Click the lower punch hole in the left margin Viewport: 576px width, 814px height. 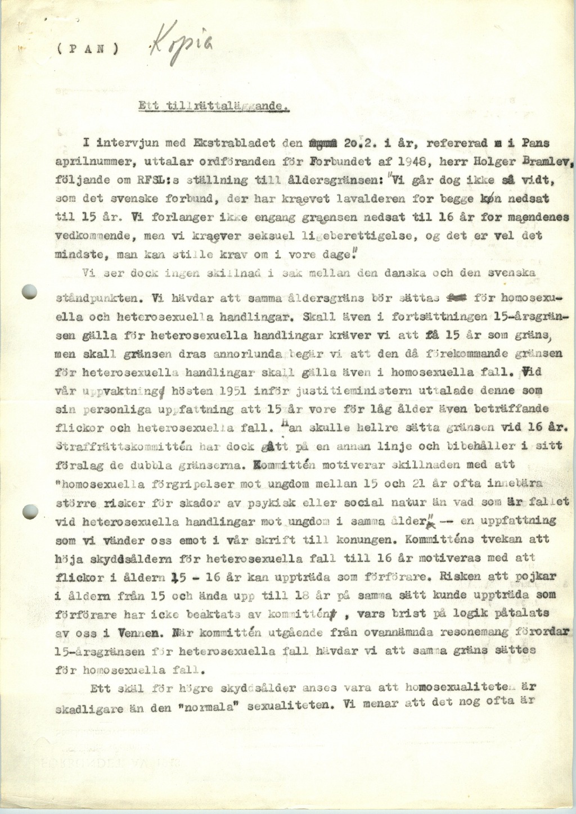[29, 511]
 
